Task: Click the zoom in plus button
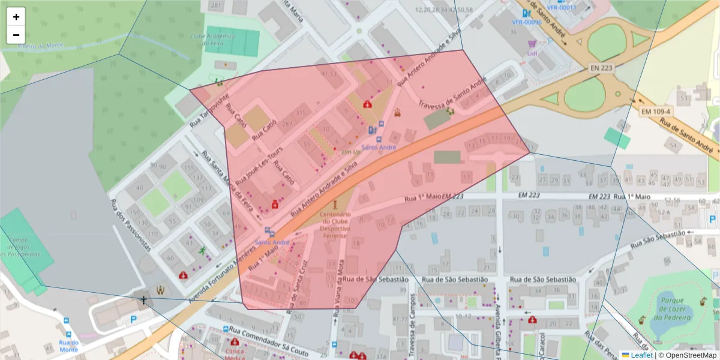click(x=16, y=17)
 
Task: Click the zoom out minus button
click(x=16, y=35)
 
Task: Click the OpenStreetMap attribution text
click(x=686, y=355)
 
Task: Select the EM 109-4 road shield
click(x=655, y=112)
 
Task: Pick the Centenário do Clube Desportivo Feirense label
click(x=335, y=225)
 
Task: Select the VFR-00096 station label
click(x=526, y=22)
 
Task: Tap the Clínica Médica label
click(x=235, y=352)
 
